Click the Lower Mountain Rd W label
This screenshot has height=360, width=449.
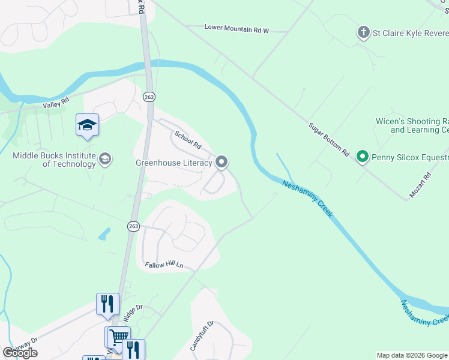point(237,28)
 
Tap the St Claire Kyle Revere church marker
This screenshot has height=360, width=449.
point(363,32)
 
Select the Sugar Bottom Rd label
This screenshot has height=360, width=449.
point(328,140)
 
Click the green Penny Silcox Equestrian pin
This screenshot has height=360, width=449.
point(362,157)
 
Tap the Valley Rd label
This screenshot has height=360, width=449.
point(56,104)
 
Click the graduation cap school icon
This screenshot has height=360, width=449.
point(87,125)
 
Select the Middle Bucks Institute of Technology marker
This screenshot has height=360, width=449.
point(105,159)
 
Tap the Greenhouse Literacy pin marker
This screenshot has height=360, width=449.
point(221,162)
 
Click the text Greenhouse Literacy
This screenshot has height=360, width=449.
point(173,163)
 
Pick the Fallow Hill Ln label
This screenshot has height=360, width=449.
point(163,265)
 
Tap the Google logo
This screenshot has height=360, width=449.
point(20,353)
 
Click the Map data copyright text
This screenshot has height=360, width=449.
point(412,355)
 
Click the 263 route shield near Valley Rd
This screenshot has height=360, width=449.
point(149,96)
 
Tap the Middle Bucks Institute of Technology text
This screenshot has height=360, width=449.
point(54,160)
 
